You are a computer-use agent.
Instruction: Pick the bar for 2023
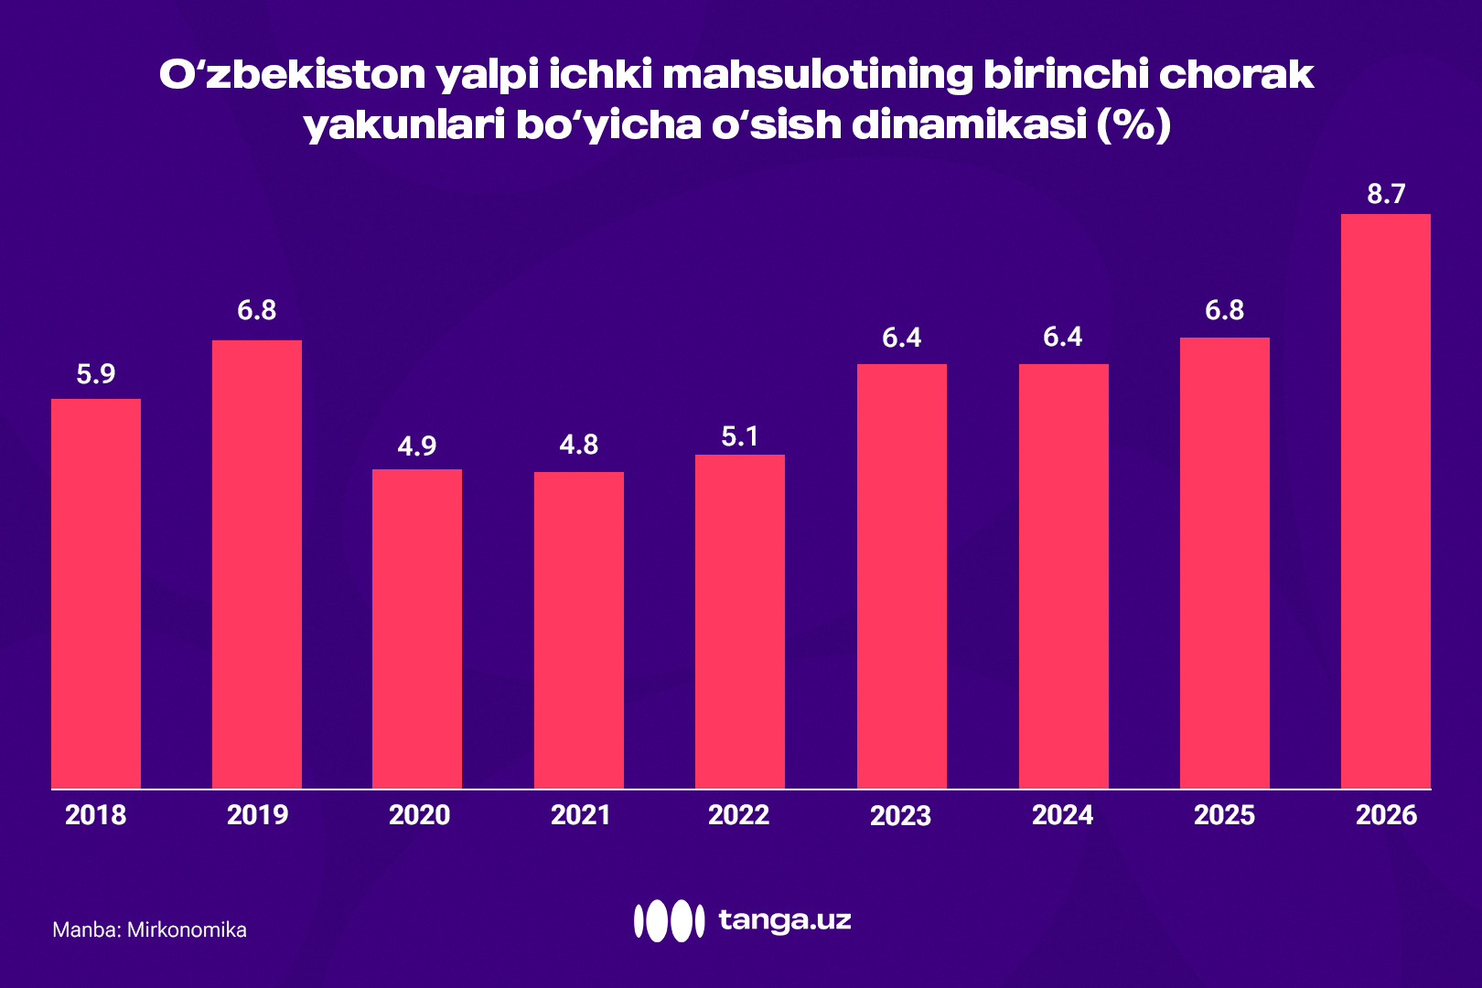(x=901, y=575)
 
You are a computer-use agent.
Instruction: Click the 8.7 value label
(x=1385, y=194)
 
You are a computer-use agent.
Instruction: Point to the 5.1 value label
(x=739, y=436)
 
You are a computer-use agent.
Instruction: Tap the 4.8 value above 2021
(x=578, y=445)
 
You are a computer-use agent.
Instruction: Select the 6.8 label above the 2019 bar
(x=256, y=310)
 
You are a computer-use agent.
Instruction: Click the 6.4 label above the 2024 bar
(x=1062, y=337)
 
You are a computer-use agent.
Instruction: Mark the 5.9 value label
(x=95, y=373)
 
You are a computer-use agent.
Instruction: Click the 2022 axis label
(x=738, y=814)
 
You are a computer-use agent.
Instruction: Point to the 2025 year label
(x=1224, y=814)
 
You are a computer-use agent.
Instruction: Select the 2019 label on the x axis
(x=257, y=814)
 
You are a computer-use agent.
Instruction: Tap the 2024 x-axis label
(x=1062, y=814)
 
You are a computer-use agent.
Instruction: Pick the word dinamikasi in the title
(x=969, y=125)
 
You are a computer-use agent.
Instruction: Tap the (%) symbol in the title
(x=1133, y=125)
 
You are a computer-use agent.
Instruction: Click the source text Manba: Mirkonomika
(x=149, y=929)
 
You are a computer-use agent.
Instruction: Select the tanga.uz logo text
(x=784, y=919)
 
